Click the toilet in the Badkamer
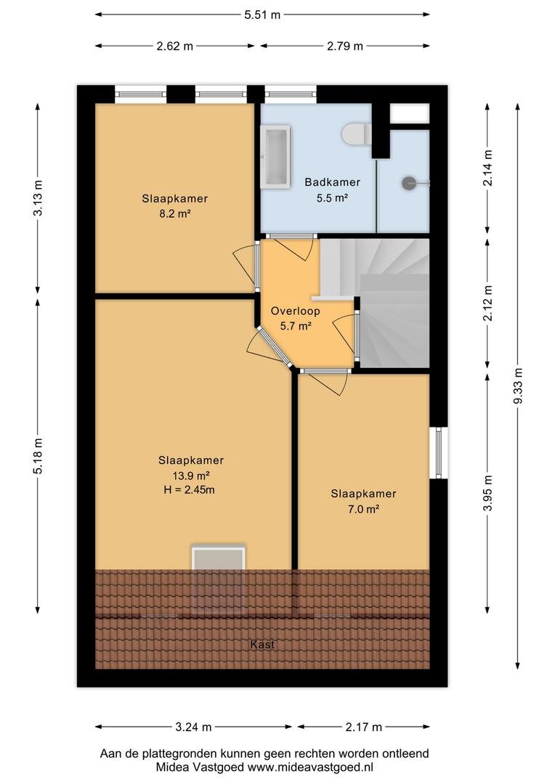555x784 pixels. point(357,134)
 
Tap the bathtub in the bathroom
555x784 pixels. point(275,157)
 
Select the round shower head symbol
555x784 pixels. point(408,183)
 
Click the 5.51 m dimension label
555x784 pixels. point(262,15)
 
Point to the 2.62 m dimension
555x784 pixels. point(174,46)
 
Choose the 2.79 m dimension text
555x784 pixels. point(345,46)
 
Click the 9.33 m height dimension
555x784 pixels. point(518,385)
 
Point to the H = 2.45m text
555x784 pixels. point(189,490)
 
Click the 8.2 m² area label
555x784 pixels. point(174,214)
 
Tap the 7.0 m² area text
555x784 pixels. point(363,509)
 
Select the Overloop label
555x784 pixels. point(295,311)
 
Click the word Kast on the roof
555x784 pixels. point(263,644)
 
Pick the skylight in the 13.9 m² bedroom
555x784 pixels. point(219,579)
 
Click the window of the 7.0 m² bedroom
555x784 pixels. point(439,452)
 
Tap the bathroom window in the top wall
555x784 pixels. point(291,94)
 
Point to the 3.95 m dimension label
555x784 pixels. point(488,493)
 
